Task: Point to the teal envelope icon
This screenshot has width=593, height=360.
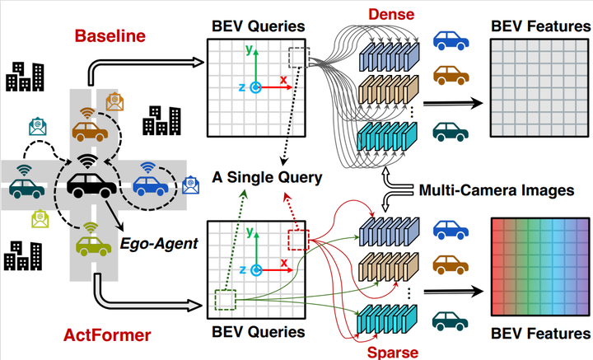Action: tap(37, 126)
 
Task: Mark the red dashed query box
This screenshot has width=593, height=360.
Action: tap(296, 241)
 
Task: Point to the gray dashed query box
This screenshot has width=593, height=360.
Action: tap(298, 58)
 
